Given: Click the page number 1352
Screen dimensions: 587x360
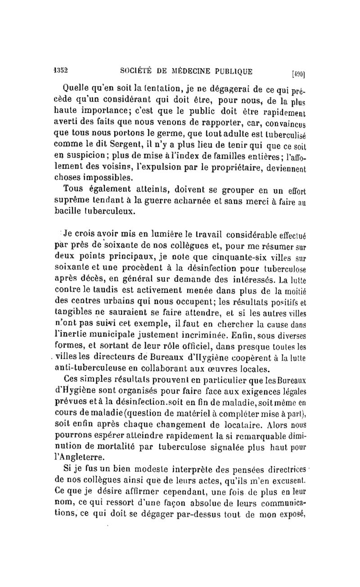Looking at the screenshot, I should point(59,70).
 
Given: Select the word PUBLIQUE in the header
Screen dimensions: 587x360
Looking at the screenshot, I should point(230,70).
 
